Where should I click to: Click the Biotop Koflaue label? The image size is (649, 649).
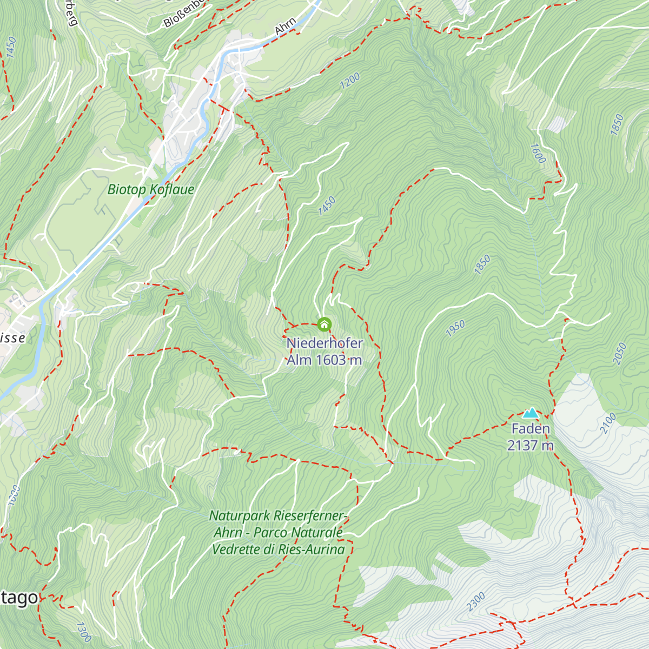coord(150,189)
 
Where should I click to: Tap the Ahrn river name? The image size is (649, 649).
coord(285,27)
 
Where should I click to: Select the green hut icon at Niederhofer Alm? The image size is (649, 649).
coord(324,325)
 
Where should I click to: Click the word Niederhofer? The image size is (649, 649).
coord(325,343)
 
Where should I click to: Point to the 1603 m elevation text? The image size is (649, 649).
coord(339,360)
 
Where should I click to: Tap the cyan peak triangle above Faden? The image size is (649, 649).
coord(531,413)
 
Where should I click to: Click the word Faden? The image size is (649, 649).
coord(531,429)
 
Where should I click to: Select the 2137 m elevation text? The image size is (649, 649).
coord(531,446)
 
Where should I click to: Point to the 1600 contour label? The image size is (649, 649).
coord(538,153)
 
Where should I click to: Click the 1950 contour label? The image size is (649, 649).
coord(455,328)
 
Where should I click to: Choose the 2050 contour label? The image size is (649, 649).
coord(620,354)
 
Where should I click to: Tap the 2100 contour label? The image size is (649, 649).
coord(608,423)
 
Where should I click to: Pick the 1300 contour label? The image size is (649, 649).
coord(83,632)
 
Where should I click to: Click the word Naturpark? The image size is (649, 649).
coord(240,515)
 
